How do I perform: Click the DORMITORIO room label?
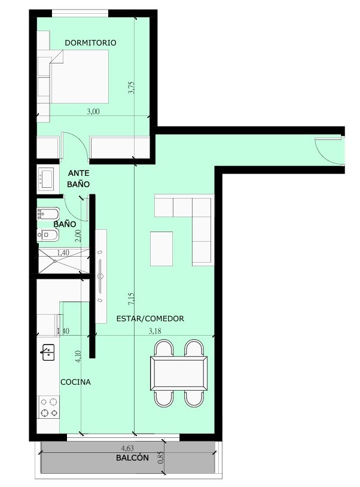pyautogui.click(x=90, y=42)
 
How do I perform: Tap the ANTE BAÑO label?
pyautogui.click(x=78, y=179)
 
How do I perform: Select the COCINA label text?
pyautogui.click(x=75, y=382)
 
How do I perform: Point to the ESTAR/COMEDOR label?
pyautogui.click(x=150, y=319)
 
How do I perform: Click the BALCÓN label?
pyautogui.click(x=132, y=458)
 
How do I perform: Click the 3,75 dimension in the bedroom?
pyautogui.click(x=131, y=87)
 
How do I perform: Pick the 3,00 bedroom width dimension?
pyautogui.click(x=93, y=111)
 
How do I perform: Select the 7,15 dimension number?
pyautogui.click(x=131, y=299)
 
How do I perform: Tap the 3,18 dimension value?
pyautogui.click(x=155, y=331)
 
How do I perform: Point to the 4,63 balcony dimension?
pyautogui.click(x=127, y=448)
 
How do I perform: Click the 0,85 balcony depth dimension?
pyautogui.click(x=160, y=457)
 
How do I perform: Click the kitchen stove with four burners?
pyautogui.click(x=48, y=407)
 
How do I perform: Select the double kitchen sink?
pyautogui.click(x=48, y=352)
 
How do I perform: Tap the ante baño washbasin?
pyautogui.click(x=47, y=179)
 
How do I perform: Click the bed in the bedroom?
pyautogui.click(x=79, y=77)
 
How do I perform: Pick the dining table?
pyautogui.click(x=179, y=373)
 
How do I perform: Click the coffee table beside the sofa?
pyautogui.click(x=161, y=249)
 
